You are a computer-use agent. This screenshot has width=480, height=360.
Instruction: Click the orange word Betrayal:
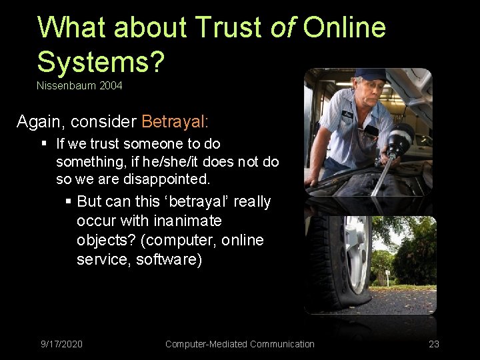(175, 121)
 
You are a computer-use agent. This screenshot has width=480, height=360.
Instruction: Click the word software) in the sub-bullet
(169, 259)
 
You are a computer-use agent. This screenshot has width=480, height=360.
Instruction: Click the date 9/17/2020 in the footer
(61, 344)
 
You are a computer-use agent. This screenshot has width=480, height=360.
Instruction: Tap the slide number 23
(434, 344)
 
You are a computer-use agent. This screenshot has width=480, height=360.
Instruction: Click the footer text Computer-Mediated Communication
(239, 344)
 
